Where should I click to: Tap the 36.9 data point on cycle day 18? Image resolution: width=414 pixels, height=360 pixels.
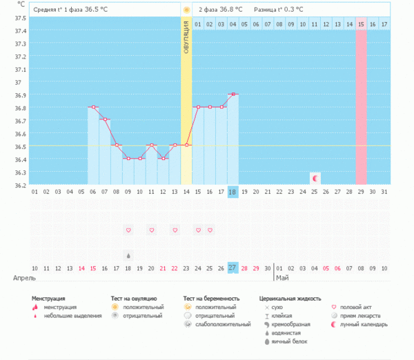point(233,94)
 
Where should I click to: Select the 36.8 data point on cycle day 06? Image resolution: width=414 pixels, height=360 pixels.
point(93,107)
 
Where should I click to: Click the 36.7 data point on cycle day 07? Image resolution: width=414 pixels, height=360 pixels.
point(105,119)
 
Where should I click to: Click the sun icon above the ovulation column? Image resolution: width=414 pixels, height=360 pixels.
point(186,10)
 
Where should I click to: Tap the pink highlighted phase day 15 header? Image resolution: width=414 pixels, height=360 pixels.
point(361,24)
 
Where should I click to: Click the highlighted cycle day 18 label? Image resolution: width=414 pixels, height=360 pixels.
point(233,192)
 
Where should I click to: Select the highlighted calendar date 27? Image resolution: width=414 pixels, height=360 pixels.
point(233,268)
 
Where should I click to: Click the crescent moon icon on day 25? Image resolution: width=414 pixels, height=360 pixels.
point(315,178)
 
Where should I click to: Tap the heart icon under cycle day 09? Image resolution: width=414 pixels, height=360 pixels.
point(128,230)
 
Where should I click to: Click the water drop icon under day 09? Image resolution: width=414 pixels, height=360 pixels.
point(128,254)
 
